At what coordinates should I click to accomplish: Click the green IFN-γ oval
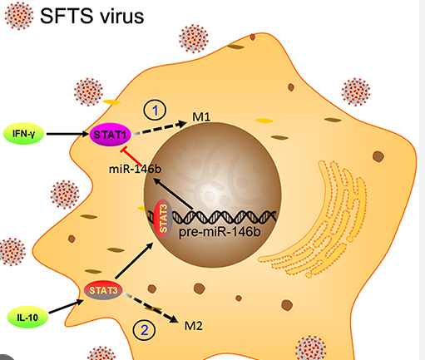click(x=23, y=134)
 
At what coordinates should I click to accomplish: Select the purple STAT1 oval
click(x=110, y=135)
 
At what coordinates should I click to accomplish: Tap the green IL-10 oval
click(x=27, y=317)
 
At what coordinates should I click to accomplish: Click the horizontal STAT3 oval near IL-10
click(x=103, y=290)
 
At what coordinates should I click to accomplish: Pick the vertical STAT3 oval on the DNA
click(x=163, y=219)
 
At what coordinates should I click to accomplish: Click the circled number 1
click(x=155, y=111)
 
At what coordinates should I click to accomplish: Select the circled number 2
click(x=144, y=330)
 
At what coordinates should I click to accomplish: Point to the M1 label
click(x=201, y=117)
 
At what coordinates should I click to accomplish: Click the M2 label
click(x=194, y=326)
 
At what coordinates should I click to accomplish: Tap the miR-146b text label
click(x=135, y=169)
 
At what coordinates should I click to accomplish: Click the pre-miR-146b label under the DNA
click(x=220, y=232)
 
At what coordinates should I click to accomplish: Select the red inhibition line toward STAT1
click(x=131, y=156)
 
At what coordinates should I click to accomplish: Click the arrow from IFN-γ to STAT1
click(x=68, y=134)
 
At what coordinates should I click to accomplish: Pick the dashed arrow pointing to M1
click(x=160, y=128)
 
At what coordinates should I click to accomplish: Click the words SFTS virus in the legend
click(x=92, y=16)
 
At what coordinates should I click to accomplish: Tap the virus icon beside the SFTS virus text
click(x=19, y=16)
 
